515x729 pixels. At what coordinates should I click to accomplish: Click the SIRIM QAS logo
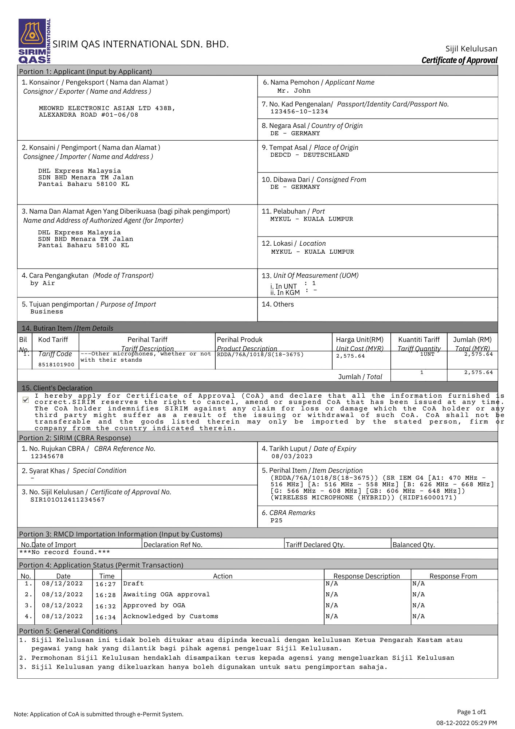point(34,41)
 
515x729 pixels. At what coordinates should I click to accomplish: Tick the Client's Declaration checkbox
point(25,400)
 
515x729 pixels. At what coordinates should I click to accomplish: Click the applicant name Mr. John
point(294,91)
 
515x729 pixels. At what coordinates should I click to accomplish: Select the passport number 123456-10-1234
point(299,112)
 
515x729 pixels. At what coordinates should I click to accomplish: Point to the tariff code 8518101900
point(56,364)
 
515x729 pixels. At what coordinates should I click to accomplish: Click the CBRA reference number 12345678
point(47,456)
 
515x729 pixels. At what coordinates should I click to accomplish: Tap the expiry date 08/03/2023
point(292,456)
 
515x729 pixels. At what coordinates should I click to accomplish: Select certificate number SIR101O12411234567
point(67,500)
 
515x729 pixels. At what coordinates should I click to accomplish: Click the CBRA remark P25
point(276,521)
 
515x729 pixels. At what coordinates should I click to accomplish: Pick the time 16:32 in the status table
point(106,607)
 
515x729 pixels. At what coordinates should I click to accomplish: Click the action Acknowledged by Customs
point(170,616)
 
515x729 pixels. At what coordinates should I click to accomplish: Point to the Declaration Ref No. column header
point(173,545)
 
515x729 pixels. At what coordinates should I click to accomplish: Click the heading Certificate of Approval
point(459,60)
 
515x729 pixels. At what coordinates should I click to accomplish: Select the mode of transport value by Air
point(43,283)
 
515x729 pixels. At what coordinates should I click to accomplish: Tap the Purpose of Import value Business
point(47,312)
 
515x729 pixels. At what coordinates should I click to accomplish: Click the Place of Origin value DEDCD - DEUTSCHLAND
point(309,155)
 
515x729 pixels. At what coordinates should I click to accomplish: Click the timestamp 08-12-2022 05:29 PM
point(466,722)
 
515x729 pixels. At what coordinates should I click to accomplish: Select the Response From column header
point(453,576)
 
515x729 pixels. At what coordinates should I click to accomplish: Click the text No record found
point(64,552)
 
